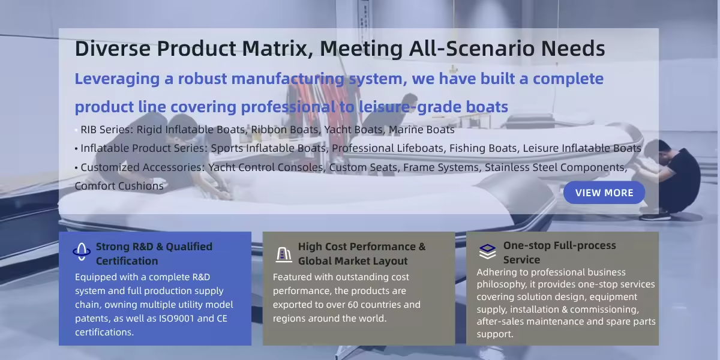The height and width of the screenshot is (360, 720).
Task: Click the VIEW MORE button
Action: [604, 193]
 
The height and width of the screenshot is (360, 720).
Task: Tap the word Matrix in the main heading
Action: [277, 49]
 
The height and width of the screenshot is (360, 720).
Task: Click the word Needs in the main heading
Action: [573, 49]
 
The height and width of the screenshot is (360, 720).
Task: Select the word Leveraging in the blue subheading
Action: [117, 79]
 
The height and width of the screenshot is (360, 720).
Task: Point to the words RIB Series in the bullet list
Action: [107, 130]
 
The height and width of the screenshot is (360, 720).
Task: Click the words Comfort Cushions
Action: [119, 186]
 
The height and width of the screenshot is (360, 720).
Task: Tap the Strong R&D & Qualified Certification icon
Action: [82, 251]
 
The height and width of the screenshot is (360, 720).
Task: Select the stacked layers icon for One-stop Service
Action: [487, 251]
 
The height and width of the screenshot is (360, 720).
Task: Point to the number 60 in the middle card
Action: [353, 305]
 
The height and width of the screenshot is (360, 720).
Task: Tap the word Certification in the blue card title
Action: [127, 261]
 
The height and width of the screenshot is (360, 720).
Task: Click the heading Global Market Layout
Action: [353, 261]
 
